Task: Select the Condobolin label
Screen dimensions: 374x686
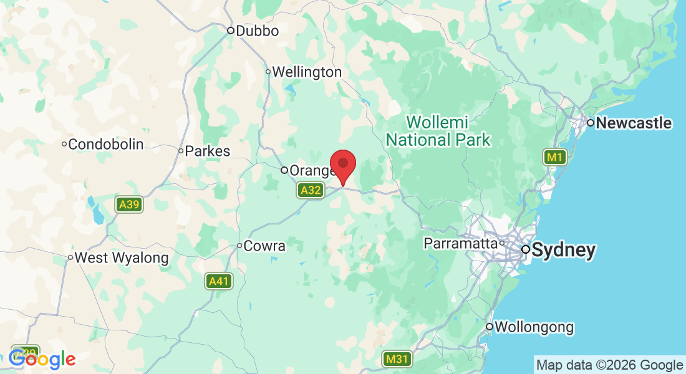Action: (x=105, y=145)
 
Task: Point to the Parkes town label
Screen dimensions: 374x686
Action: (x=207, y=151)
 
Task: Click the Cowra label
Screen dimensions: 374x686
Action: (x=264, y=246)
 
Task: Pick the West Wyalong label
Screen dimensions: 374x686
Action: (x=122, y=257)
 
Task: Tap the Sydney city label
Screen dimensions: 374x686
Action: (x=563, y=251)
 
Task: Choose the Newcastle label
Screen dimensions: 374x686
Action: (x=634, y=123)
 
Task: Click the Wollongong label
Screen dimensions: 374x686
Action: (x=534, y=327)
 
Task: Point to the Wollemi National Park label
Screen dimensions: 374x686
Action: (x=438, y=130)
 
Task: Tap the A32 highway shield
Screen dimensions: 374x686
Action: (x=311, y=190)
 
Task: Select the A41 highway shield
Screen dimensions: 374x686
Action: (x=219, y=282)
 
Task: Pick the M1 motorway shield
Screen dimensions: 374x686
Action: (x=554, y=158)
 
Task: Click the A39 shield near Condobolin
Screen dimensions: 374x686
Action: (x=130, y=204)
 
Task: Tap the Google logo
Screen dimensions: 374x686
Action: (x=42, y=359)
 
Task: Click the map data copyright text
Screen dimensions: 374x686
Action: (x=610, y=365)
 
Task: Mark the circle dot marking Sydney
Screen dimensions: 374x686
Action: (x=526, y=249)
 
